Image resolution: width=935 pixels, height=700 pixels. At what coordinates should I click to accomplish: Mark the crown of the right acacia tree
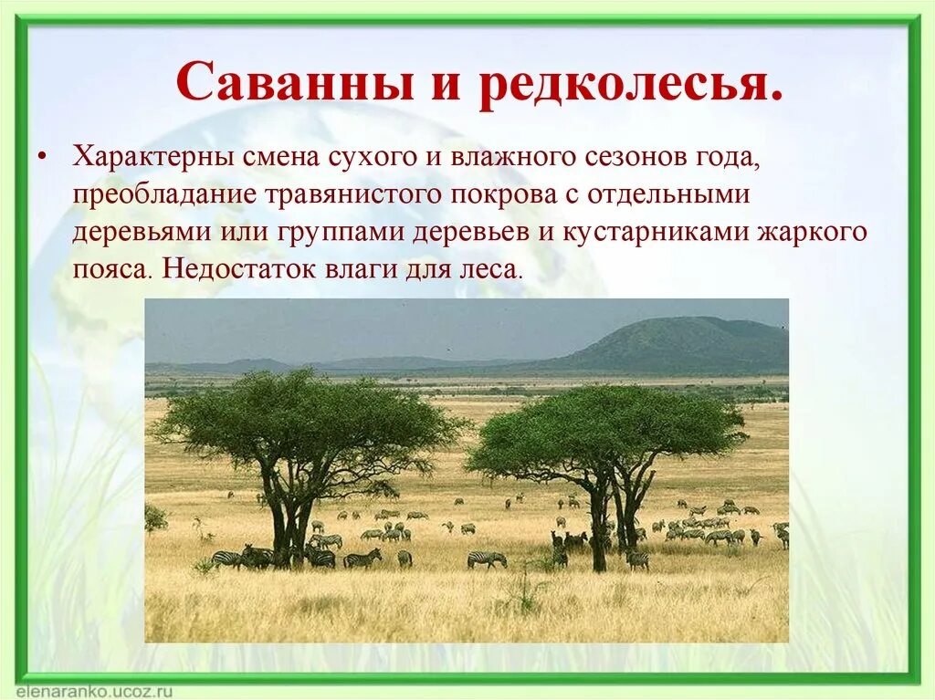point(607,424)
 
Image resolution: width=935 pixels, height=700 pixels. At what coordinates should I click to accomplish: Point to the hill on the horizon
point(676,343)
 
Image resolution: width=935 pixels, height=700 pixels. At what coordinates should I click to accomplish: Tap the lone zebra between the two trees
point(487,559)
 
